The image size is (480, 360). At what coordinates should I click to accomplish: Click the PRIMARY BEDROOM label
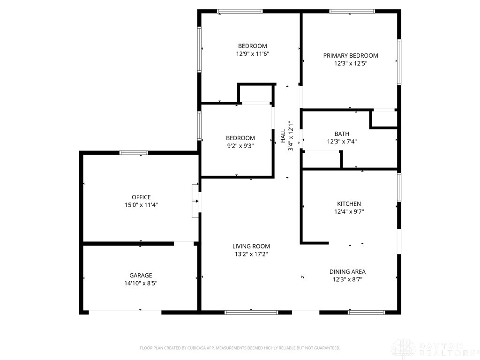coord(351,55)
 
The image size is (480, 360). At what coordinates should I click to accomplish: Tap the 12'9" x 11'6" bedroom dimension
coord(253,54)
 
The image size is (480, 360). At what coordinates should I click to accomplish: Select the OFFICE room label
coord(141,197)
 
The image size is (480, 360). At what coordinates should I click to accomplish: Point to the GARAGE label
coord(141,275)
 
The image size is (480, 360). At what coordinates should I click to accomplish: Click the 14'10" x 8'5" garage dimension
coord(141,283)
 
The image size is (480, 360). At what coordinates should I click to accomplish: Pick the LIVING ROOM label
coord(251,246)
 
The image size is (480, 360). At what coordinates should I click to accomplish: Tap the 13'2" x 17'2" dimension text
coord(251,254)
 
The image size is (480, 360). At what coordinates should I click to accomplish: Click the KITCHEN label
coord(349,203)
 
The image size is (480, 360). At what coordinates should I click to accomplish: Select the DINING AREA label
coord(347,271)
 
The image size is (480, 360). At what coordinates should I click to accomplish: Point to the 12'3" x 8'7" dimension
coord(347,279)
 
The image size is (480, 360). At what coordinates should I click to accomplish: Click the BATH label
coord(342,134)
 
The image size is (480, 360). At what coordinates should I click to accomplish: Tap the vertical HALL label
coord(283,135)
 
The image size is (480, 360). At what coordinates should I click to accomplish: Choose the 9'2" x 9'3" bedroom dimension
coord(240,146)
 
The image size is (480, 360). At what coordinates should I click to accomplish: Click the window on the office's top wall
coord(134,153)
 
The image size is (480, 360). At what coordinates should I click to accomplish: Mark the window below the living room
coord(251,313)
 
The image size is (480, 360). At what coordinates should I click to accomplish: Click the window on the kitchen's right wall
coord(399,187)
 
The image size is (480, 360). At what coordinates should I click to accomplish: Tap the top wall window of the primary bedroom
coord(352,11)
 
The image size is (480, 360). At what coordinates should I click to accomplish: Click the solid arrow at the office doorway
coord(197,201)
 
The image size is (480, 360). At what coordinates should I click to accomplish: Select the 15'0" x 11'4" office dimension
coord(141,205)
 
